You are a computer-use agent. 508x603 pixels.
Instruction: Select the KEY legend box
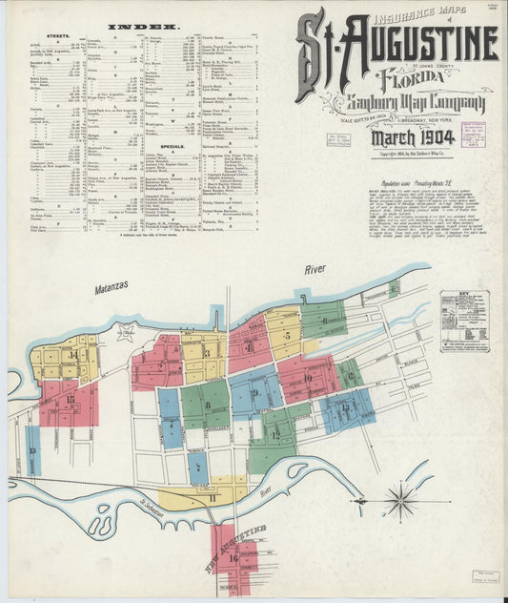coord(464,322)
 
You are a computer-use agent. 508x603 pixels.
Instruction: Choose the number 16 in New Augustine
coord(233,557)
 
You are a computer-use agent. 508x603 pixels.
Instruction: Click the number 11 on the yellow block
coord(213,497)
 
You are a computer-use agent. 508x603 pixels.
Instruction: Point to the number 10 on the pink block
coord(307,377)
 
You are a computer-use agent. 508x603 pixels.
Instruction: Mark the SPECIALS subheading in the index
coord(173,146)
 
